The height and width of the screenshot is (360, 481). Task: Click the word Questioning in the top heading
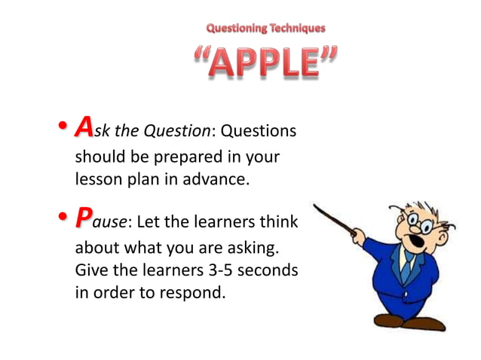pos(237,29)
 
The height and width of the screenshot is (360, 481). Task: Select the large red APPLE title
pos(264,63)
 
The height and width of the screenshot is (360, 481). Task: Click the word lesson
pos(97,180)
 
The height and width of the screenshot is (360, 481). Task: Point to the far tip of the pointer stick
pos(314,205)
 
